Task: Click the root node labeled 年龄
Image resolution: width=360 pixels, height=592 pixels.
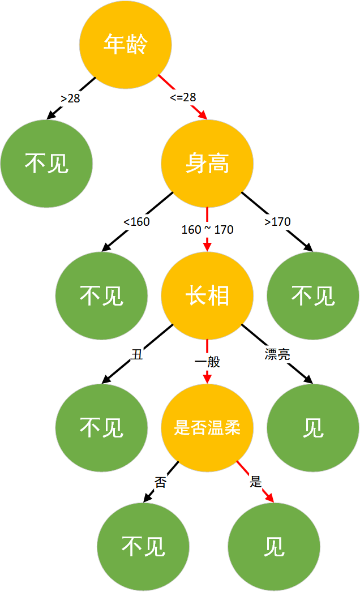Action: click(x=126, y=45)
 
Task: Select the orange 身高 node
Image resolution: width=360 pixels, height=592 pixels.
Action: click(x=207, y=164)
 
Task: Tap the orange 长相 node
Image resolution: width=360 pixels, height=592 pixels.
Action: click(x=207, y=295)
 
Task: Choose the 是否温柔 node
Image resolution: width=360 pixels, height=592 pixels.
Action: click(x=207, y=428)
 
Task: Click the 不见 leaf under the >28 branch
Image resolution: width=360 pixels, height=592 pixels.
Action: click(x=46, y=164)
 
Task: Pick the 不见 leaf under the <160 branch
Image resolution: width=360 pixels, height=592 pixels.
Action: click(x=101, y=295)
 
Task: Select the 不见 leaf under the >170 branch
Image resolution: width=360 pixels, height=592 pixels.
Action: click(x=313, y=295)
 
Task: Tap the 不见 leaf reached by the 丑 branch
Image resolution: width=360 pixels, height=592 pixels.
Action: click(x=101, y=428)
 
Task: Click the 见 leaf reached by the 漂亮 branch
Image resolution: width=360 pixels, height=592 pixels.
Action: click(x=313, y=428)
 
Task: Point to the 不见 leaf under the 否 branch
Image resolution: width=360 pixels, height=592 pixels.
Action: click(x=143, y=547)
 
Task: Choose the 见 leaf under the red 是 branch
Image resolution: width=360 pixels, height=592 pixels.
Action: click(x=274, y=547)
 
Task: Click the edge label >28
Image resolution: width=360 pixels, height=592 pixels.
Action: click(x=70, y=98)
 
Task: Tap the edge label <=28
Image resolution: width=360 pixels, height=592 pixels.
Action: click(x=183, y=97)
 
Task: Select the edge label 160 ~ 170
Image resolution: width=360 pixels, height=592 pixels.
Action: click(x=207, y=230)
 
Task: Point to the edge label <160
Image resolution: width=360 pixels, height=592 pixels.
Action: click(x=137, y=222)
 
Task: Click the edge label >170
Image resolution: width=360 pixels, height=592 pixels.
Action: click(x=278, y=222)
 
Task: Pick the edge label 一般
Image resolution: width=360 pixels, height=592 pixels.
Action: click(x=207, y=362)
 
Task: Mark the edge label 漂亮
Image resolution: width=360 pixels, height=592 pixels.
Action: click(x=277, y=354)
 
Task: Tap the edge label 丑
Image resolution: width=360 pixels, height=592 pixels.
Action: click(x=137, y=354)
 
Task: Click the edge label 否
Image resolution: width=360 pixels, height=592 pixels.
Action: click(x=161, y=482)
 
